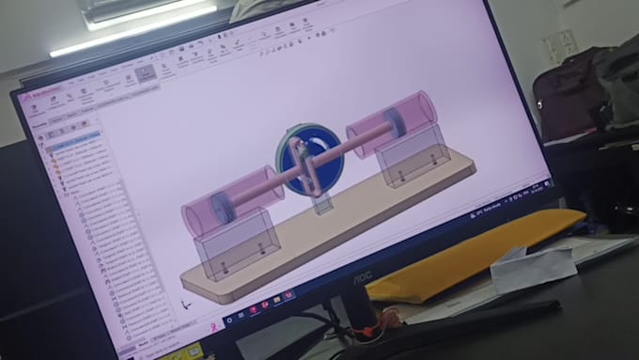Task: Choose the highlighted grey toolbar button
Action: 145,72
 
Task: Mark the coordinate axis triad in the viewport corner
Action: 187,303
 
